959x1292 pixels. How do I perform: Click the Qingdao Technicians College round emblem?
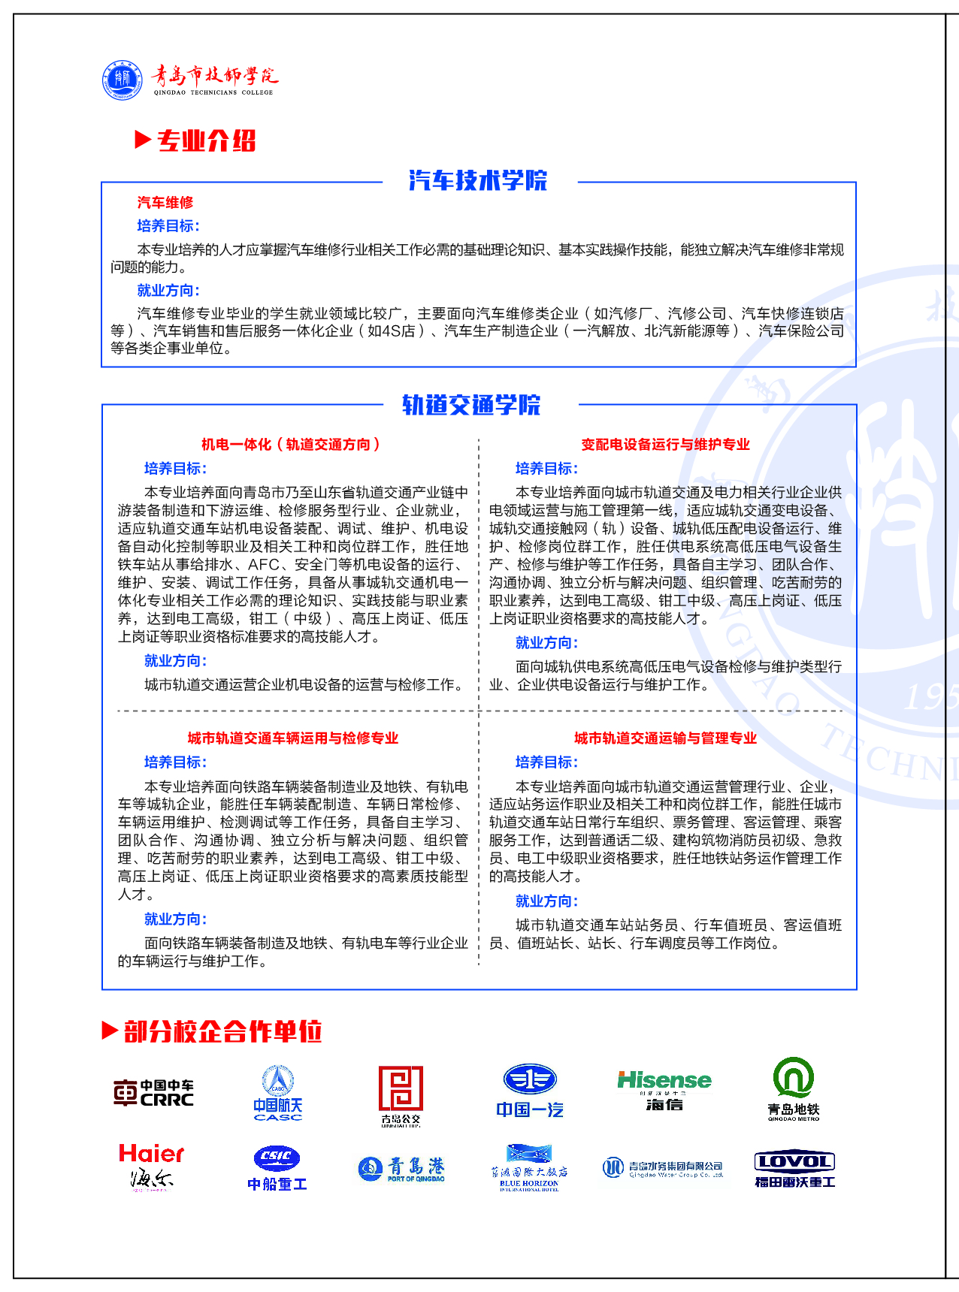[123, 80]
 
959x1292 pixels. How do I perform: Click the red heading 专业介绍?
[206, 140]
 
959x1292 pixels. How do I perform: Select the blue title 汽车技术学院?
[478, 180]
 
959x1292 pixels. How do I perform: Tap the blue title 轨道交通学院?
[471, 405]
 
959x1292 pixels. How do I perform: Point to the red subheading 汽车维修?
[165, 203]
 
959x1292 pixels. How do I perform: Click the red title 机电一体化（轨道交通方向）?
[291, 445]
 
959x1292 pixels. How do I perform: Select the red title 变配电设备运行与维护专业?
[665, 445]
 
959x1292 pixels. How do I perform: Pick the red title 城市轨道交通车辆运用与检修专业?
[293, 738]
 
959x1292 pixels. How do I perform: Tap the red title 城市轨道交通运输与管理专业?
[665, 738]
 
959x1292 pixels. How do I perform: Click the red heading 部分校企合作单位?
[222, 1031]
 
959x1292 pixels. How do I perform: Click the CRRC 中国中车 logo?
[154, 1093]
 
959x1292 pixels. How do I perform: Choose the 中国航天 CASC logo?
[278, 1093]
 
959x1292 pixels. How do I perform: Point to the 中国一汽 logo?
[530, 1091]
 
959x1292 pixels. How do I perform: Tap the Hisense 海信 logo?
[664, 1090]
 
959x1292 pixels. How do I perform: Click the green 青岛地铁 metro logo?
[794, 1089]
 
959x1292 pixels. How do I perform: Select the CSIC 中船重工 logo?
[277, 1167]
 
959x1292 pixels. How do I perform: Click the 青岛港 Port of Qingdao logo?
[402, 1169]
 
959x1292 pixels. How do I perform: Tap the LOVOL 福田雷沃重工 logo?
[794, 1169]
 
